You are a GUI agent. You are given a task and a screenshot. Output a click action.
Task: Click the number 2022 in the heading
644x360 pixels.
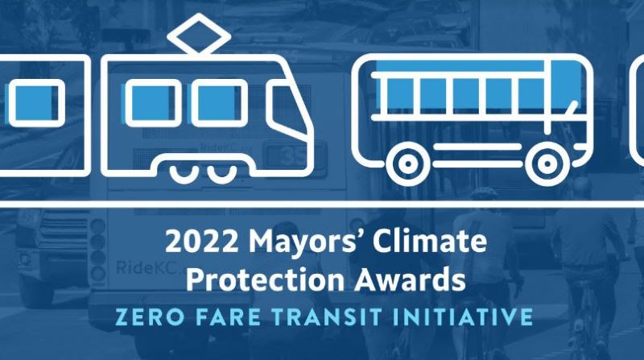click(201, 242)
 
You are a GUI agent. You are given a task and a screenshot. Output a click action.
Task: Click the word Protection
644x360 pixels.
click(266, 279)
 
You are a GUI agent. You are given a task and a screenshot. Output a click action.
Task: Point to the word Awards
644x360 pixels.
click(411, 279)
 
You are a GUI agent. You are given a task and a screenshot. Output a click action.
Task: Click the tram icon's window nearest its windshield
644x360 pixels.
click(220, 103)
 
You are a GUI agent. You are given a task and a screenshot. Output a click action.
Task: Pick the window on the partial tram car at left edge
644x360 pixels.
click(36, 103)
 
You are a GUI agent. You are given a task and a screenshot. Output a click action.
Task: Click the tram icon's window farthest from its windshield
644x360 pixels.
click(153, 103)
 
